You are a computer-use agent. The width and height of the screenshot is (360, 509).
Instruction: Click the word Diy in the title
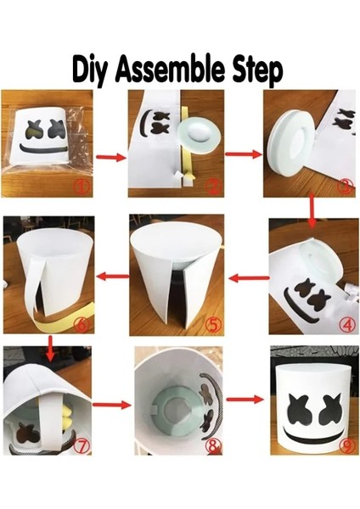click(x=95, y=70)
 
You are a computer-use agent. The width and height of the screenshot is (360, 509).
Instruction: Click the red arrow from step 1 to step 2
click(x=108, y=156)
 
